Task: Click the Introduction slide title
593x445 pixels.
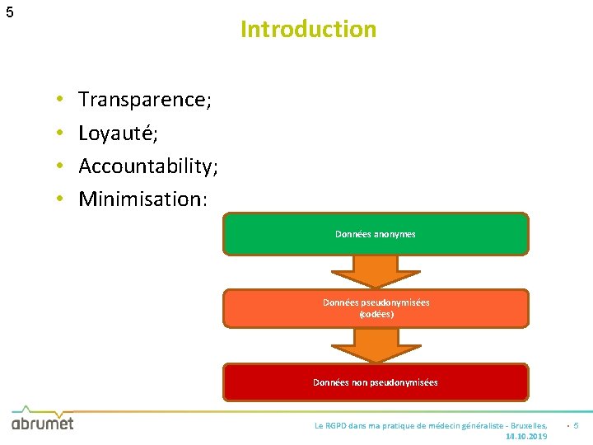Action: [308, 30]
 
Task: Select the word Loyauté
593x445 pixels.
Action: [115, 133]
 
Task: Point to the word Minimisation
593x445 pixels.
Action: [140, 199]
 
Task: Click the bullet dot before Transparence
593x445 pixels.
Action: [61, 101]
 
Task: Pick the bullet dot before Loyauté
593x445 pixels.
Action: [61, 133]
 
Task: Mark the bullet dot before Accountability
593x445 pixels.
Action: [61, 166]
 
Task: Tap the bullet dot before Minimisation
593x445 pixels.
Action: [61, 199]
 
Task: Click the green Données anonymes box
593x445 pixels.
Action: [376, 234]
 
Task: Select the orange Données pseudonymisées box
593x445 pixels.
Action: [376, 308]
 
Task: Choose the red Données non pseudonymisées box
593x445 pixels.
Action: [376, 382]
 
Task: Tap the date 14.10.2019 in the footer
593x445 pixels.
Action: [526, 436]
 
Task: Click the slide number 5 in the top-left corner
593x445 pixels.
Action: [9, 12]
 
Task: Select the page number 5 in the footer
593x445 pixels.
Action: [576, 425]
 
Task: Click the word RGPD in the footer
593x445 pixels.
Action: [335, 425]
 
